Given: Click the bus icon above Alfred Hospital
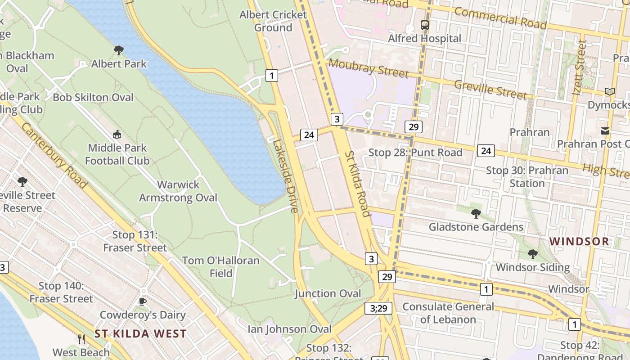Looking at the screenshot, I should click(x=425, y=25).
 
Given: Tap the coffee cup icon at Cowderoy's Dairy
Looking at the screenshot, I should click(x=143, y=301).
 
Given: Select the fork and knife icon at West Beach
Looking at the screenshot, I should click(x=81, y=339).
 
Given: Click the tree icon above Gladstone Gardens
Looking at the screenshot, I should click(x=476, y=213).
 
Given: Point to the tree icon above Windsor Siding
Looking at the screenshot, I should click(x=533, y=254).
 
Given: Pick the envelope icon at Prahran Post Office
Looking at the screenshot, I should click(x=605, y=131).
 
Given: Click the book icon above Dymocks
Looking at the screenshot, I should click(x=609, y=92).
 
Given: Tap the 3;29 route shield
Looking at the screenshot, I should click(x=378, y=308).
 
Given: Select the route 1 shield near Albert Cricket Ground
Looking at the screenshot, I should click(x=271, y=76).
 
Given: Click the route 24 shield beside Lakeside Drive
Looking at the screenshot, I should click(x=309, y=135).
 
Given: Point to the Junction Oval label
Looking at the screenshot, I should click(x=328, y=294).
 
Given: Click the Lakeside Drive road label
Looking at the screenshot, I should click(x=285, y=176).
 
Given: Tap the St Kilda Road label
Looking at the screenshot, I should click(x=357, y=184).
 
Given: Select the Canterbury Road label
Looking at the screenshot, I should click(x=54, y=155).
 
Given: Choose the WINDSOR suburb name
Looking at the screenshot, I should click(x=579, y=241).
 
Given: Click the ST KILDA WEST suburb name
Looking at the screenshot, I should click(x=140, y=334).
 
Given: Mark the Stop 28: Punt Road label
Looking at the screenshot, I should click(x=415, y=153).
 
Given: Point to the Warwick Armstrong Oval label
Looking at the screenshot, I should click(x=178, y=191).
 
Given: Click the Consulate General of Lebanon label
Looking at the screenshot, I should click(x=448, y=313).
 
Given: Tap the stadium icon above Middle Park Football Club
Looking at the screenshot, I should click(x=117, y=134).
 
